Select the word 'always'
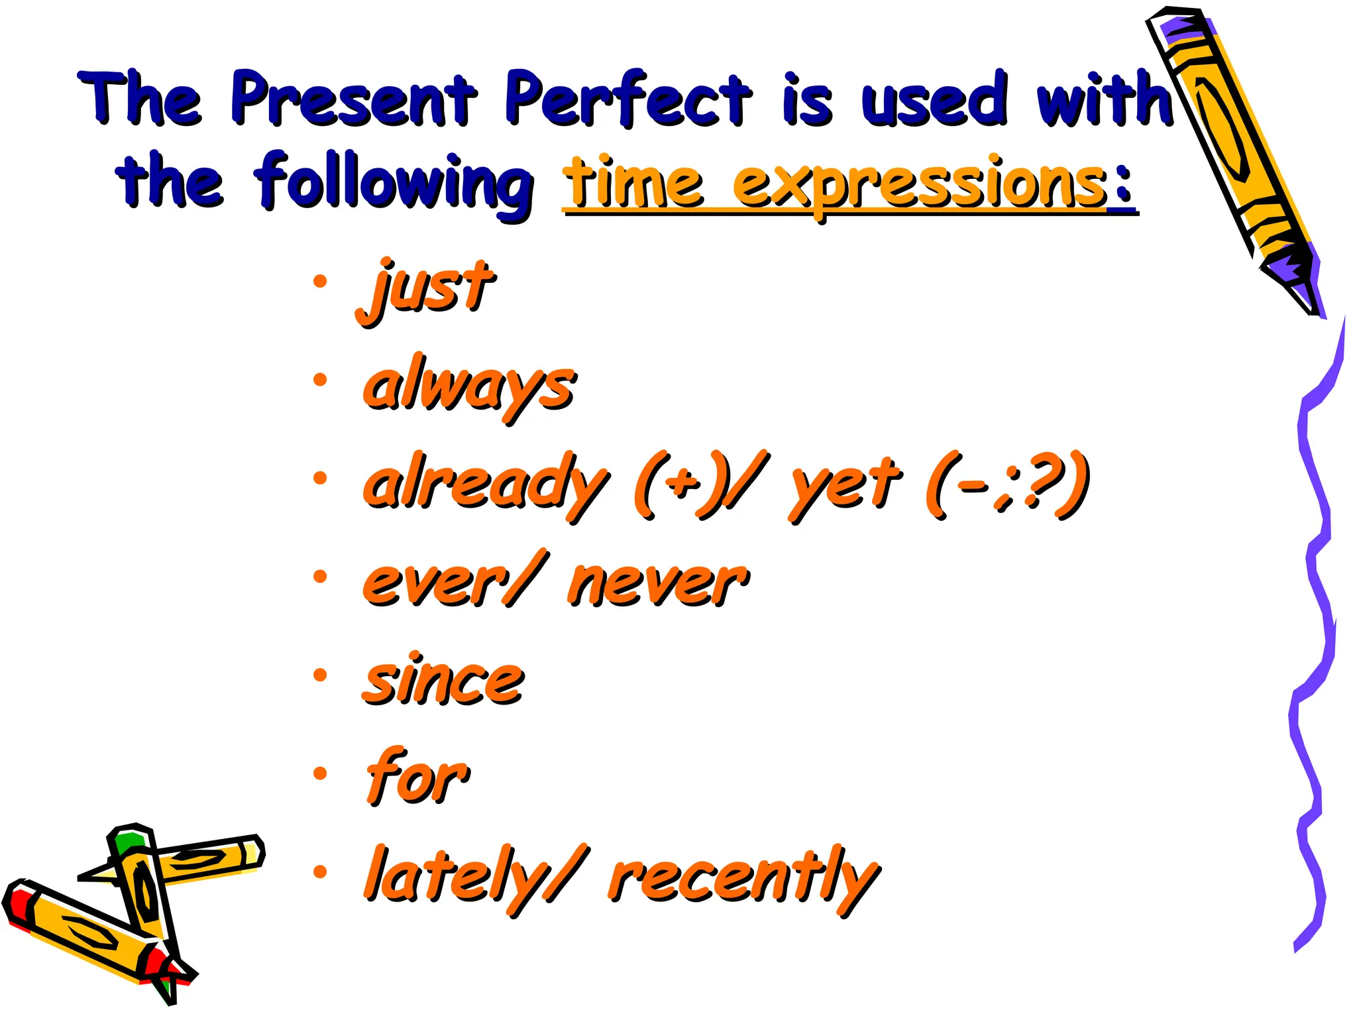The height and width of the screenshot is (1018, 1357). [469, 387]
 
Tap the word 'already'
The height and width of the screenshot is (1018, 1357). [485, 484]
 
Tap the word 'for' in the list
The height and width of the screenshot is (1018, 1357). [417, 777]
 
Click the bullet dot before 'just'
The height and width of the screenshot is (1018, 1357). [320, 281]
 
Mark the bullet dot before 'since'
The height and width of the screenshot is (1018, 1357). [320, 675]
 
